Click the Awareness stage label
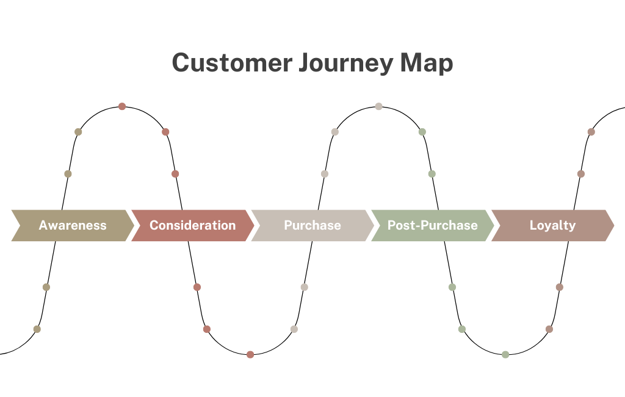(x=73, y=225)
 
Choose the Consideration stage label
(x=192, y=225)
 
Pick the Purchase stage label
(x=312, y=225)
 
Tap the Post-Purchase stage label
(x=432, y=225)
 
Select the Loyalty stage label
(x=552, y=225)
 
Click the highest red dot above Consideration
(x=122, y=106)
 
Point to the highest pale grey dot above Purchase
(x=378, y=106)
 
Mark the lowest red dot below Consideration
(x=250, y=354)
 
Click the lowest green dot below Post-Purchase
(x=505, y=354)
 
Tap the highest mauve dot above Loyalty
(x=591, y=132)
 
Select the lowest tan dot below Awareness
(x=37, y=329)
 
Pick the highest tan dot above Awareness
(x=78, y=132)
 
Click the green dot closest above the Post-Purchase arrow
(x=432, y=174)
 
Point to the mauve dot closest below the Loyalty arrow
(x=559, y=287)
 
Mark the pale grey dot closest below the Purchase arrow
(x=304, y=287)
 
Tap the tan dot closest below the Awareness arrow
(x=46, y=287)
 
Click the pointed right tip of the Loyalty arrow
(x=613, y=225)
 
